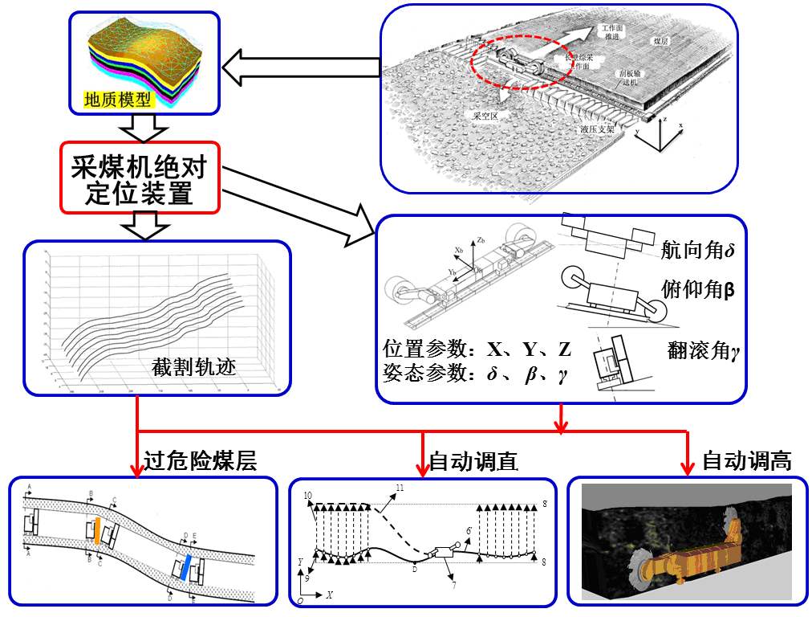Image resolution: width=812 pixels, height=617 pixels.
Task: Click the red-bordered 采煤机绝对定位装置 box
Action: (140, 179)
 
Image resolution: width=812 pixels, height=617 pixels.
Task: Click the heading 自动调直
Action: (473, 461)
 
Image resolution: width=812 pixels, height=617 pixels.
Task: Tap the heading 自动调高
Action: (746, 461)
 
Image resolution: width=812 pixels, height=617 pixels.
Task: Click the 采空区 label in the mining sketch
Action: (486, 116)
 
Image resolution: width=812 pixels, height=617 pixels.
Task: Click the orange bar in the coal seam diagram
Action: (96, 532)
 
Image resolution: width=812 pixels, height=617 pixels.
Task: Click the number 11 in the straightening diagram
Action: (400, 488)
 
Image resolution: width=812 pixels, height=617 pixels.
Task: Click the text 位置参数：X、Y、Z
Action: (477, 350)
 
